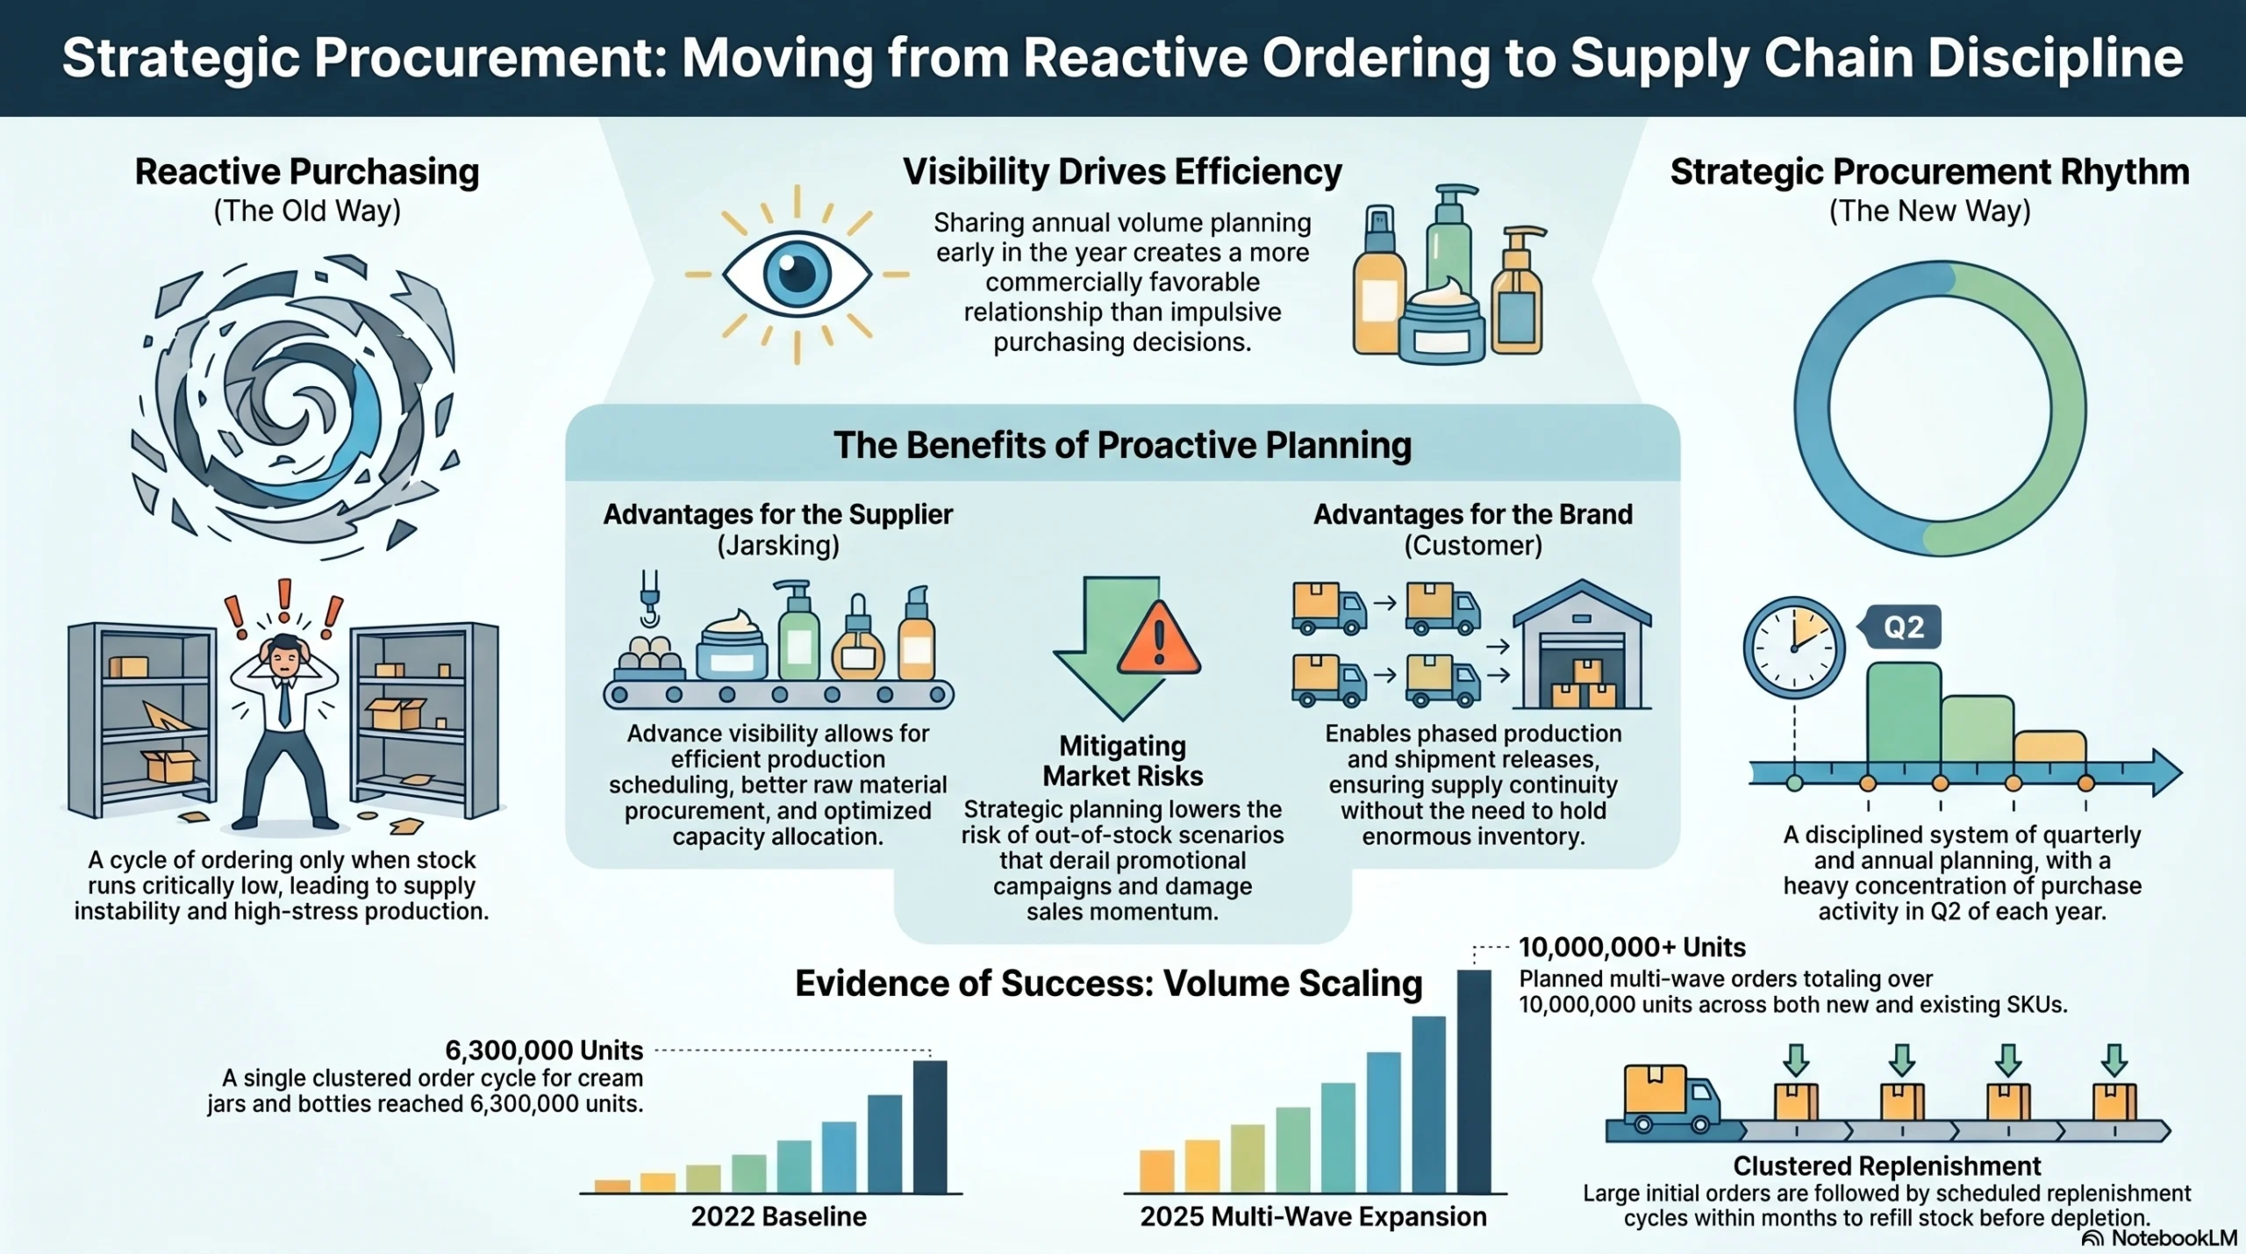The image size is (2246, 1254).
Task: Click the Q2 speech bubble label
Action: coord(1903,627)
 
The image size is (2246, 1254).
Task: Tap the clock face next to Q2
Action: coord(1793,648)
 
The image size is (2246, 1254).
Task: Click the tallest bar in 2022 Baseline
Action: coord(930,1127)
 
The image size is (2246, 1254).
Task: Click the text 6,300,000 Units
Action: coord(544,1050)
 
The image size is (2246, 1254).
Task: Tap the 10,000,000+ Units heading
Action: coord(1631,948)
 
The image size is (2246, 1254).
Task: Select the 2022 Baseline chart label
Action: coord(778,1216)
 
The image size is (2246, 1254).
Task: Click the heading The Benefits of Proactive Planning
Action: coord(1122,445)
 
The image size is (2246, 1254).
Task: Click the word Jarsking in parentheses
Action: coord(778,546)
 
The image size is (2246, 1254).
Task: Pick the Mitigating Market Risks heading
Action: coord(1122,761)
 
